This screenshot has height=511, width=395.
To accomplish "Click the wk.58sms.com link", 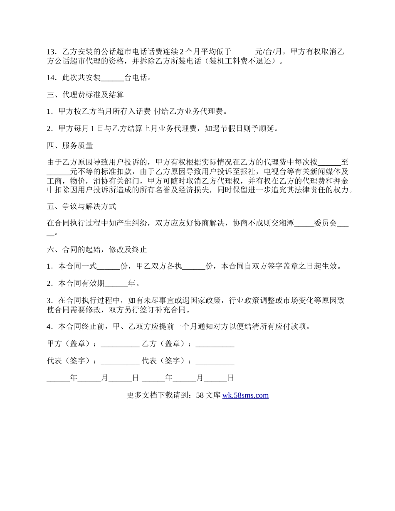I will (x=245, y=395).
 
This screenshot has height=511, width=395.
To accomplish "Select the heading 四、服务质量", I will (x=70, y=145).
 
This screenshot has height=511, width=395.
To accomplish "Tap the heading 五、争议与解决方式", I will (x=81, y=206).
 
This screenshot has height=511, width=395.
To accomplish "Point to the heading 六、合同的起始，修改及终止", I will (x=97, y=250).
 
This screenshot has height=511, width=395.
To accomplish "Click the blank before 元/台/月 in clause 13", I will (x=243, y=52).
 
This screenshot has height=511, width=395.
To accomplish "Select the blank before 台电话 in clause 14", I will (x=112, y=78).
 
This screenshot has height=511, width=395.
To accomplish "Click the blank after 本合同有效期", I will (x=116, y=284).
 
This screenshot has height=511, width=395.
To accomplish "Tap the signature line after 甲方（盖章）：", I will (x=120, y=344).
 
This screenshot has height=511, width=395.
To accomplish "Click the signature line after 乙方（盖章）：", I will (x=215, y=344).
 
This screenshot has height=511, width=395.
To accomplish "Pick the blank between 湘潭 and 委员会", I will (x=304, y=223).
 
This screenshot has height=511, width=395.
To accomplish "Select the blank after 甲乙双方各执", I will (x=194, y=267).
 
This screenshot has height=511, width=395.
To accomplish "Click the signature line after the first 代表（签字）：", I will (x=120, y=361).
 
